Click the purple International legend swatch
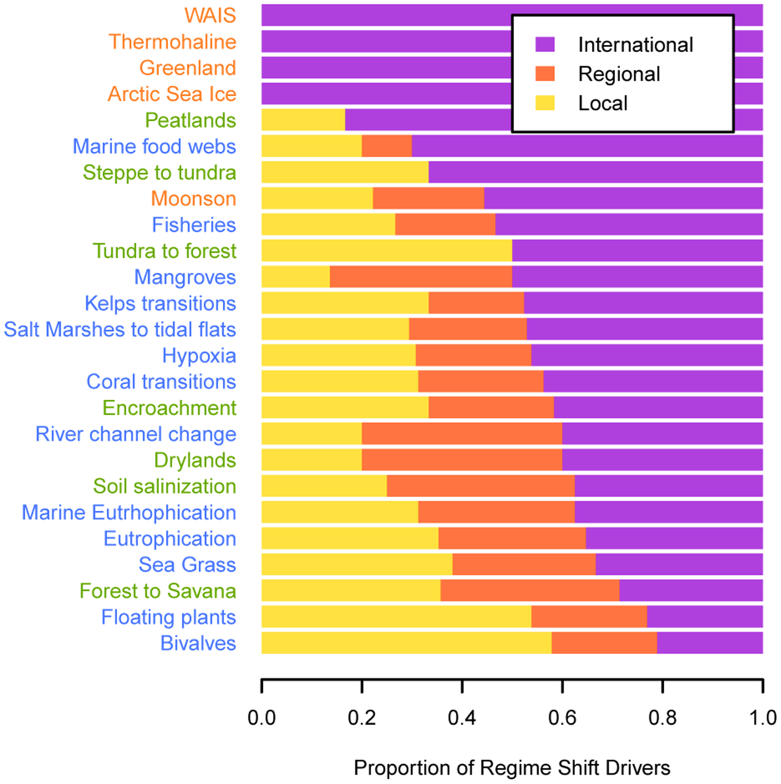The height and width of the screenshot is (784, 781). [x=545, y=44]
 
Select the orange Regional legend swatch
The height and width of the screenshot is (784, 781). [x=545, y=74]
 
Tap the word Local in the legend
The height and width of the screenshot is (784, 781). [x=602, y=103]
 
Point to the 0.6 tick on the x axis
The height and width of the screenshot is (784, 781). [x=562, y=685]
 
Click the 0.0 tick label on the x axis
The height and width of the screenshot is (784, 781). [x=261, y=718]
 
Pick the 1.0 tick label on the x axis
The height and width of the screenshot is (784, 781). [x=762, y=718]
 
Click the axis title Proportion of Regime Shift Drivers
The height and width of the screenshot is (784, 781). [x=512, y=768]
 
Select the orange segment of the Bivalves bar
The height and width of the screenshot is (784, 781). [x=604, y=643]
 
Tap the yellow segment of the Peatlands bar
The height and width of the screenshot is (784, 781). [x=303, y=120]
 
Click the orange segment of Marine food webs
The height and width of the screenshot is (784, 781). [x=387, y=146]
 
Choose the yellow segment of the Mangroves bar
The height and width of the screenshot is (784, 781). [x=296, y=277]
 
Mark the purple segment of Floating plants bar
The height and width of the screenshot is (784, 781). [x=705, y=617]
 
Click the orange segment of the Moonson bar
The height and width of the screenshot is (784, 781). [x=429, y=199]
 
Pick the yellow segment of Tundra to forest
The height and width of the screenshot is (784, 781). [x=386, y=251]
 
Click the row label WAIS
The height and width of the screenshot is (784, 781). [x=210, y=15]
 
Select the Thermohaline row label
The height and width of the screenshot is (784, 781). [x=172, y=42]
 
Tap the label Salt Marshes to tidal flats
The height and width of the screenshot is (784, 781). [x=120, y=329]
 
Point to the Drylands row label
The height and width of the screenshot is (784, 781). [x=195, y=460]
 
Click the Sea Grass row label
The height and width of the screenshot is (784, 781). [x=187, y=565]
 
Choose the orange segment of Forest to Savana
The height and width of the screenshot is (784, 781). [x=530, y=590]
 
